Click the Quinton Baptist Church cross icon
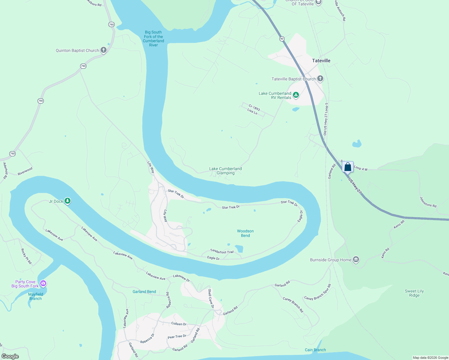(104, 50)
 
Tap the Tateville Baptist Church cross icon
(320, 79)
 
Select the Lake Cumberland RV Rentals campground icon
(296, 95)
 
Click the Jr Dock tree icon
(68, 201)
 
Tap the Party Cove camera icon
(43, 283)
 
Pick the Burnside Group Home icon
(356, 259)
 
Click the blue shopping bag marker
(348, 166)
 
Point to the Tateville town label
(321, 61)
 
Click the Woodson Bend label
(245, 233)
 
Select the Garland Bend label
(144, 292)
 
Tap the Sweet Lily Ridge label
(414, 293)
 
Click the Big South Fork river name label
(153, 38)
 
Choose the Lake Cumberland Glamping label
(225, 171)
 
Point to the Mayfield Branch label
(36, 296)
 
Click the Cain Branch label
(315, 350)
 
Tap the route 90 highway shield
(282, 39)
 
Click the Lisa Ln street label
(252, 112)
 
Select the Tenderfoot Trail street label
(222, 252)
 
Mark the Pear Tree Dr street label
(177, 337)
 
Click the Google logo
(10, 356)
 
